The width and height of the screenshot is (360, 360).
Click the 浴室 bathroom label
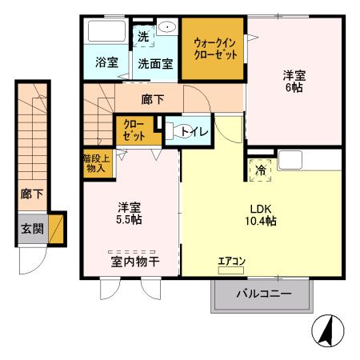pyautogui.click(x=106, y=61)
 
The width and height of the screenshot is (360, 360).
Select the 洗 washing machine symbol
pyautogui.click(x=142, y=36)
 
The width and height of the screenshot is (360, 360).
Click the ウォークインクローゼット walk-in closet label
pyautogui.click(x=212, y=49)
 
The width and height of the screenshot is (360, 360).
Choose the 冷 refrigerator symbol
pyautogui.click(x=262, y=170)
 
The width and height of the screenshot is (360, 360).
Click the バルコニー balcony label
pyautogui.click(x=263, y=294)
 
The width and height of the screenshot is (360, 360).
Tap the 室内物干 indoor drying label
pyautogui.click(x=132, y=260)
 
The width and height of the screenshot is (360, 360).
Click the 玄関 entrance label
pyautogui.click(x=32, y=230)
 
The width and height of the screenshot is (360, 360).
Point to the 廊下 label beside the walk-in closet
pyautogui.click(x=153, y=100)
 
